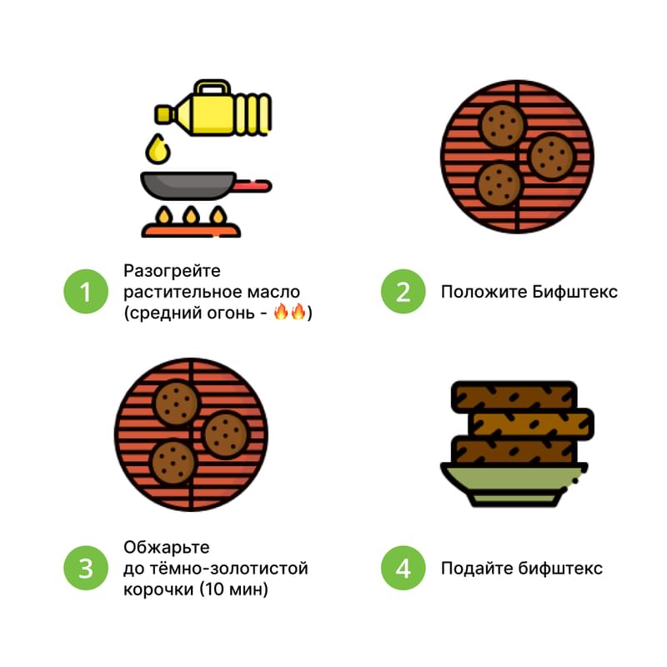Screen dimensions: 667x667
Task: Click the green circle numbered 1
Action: point(86,291)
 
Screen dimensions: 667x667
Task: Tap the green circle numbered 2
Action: point(403,291)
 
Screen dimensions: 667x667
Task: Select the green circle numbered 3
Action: point(86,568)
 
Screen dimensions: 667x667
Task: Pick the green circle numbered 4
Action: point(403,568)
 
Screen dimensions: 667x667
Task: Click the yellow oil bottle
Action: point(213,109)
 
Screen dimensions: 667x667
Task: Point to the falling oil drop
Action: point(158,149)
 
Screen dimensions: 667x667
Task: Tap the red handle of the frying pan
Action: point(253,186)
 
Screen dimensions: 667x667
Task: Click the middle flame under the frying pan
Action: point(191,216)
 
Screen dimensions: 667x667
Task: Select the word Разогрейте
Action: point(172,271)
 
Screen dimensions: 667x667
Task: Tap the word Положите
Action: point(484,292)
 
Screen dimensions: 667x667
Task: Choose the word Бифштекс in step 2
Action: point(574,292)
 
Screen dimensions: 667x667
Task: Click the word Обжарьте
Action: point(166,548)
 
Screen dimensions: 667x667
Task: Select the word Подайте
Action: point(476,569)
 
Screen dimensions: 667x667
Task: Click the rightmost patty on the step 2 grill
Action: point(551,157)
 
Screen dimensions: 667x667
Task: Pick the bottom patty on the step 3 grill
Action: point(173,463)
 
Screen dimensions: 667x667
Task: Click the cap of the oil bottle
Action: point(163,114)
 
